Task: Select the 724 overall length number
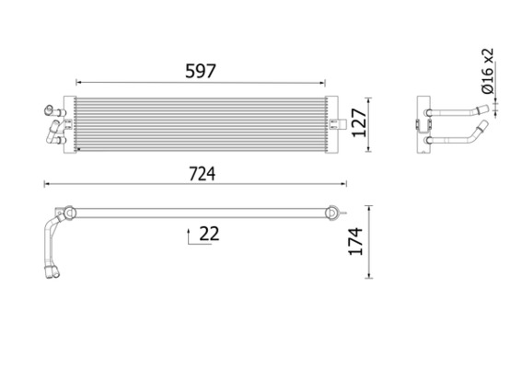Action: [197, 172]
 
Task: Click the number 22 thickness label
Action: [209, 234]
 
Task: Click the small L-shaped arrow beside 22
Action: [191, 236]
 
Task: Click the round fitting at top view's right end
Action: [330, 212]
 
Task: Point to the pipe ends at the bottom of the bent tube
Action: [52, 270]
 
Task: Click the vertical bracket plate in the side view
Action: [423, 124]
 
